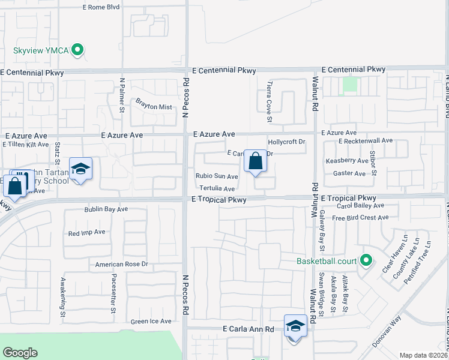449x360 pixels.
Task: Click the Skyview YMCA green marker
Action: pyautogui.click(x=77, y=51)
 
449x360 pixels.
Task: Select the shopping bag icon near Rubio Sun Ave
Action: pyautogui.click(x=255, y=161)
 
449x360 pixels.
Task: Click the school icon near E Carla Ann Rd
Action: pyautogui.click(x=295, y=326)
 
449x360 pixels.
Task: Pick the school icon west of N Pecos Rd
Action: pyautogui.click(x=80, y=169)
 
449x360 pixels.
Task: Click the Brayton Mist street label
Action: pyautogui.click(x=153, y=107)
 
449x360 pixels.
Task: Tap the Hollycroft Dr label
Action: pyautogui.click(x=287, y=142)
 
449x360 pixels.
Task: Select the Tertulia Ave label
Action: pyautogui.click(x=217, y=188)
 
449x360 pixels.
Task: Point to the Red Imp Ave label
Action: pyautogui.click(x=87, y=232)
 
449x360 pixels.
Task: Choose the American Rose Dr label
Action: pyautogui.click(x=121, y=264)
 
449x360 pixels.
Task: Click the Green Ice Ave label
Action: pyautogui.click(x=151, y=321)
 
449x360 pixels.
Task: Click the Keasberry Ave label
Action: pyautogui.click(x=346, y=161)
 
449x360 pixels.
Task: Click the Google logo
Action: pyautogui.click(x=20, y=353)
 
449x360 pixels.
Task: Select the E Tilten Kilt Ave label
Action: pyautogui.click(x=25, y=145)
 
